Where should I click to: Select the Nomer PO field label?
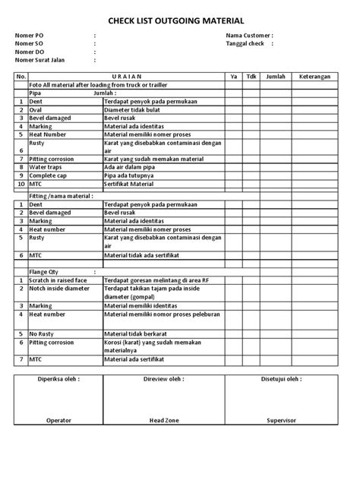pos(29,36)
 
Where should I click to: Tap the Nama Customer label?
pos(249,36)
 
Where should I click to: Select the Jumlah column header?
pos(276,77)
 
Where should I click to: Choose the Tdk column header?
pos(254,77)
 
